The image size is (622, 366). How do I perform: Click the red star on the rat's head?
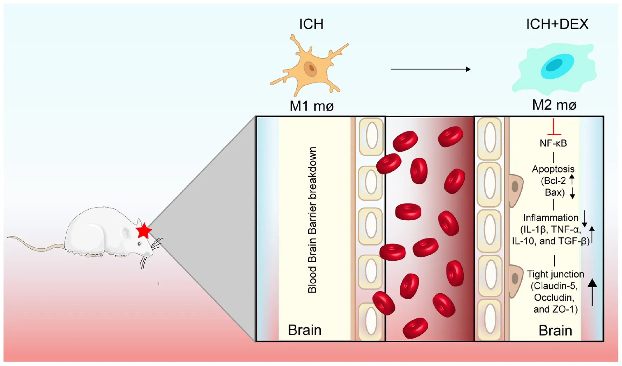pyautogui.click(x=144, y=230)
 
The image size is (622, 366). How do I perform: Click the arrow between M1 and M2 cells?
pyautogui.click(x=430, y=69)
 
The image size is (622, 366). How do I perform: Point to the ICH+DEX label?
pyautogui.click(x=557, y=24)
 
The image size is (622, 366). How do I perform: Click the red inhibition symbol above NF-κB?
pyautogui.click(x=554, y=127)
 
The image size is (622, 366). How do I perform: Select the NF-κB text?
pyautogui.click(x=553, y=143)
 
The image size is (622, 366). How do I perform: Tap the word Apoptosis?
pyautogui.click(x=553, y=169)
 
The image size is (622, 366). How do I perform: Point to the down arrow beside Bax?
pyautogui.click(x=572, y=193)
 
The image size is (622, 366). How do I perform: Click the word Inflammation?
pyautogui.click(x=550, y=218)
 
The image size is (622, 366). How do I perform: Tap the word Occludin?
pyautogui.click(x=554, y=298)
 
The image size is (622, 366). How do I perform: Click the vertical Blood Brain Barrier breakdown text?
pyautogui.click(x=312, y=220)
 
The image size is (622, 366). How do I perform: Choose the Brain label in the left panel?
pyautogui.click(x=305, y=330)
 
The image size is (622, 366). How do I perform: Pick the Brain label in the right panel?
pyautogui.click(x=555, y=331)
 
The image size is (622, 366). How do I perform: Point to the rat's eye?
pyautogui.click(x=140, y=243)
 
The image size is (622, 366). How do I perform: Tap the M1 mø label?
pyautogui.click(x=311, y=106)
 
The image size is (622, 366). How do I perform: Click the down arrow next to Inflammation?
pyautogui.click(x=584, y=219)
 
